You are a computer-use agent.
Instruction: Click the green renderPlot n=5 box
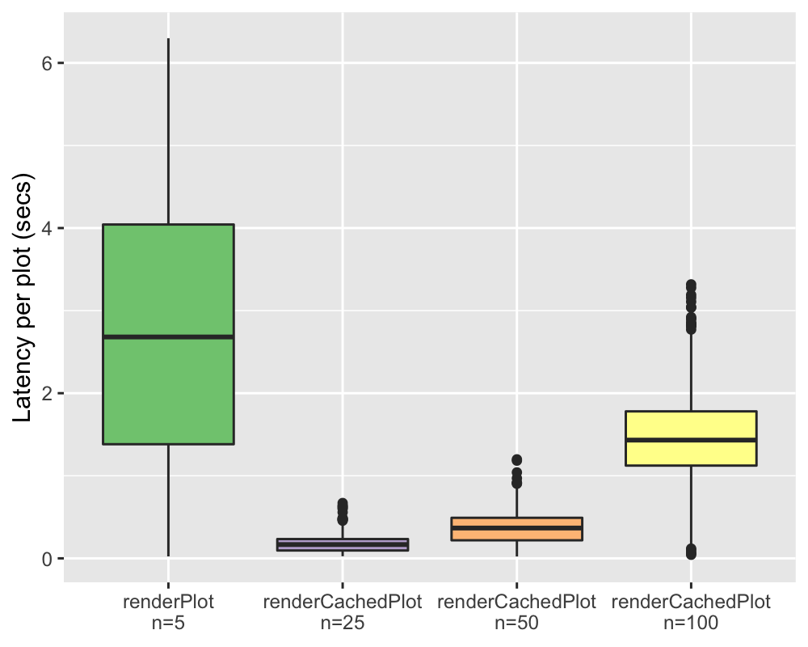[x=168, y=275]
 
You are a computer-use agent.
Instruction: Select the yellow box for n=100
[x=691, y=425]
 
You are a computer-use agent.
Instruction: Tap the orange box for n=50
[x=516, y=534]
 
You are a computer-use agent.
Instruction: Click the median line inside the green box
[x=168, y=336]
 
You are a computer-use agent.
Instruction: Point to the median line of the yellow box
[x=691, y=440]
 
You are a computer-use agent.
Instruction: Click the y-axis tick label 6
[x=48, y=63]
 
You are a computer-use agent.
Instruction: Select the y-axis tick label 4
[x=48, y=228]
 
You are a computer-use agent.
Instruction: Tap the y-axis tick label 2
[x=48, y=393]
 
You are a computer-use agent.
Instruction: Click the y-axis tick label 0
[x=48, y=558]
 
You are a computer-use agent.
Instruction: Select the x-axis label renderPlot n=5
[x=168, y=611]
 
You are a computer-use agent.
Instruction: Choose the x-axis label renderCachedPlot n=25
[x=342, y=611]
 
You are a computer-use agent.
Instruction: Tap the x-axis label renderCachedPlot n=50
[x=516, y=611]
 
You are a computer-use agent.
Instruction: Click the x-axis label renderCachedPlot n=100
[x=691, y=611]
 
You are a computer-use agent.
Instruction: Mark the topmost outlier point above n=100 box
[x=691, y=285]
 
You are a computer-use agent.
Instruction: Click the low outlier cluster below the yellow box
[x=691, y=552]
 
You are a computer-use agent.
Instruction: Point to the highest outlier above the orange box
[x=516, y=460]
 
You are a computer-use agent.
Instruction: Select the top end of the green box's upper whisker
[x=168, y=39]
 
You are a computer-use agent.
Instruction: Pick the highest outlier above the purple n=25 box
[x=342, y=503]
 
